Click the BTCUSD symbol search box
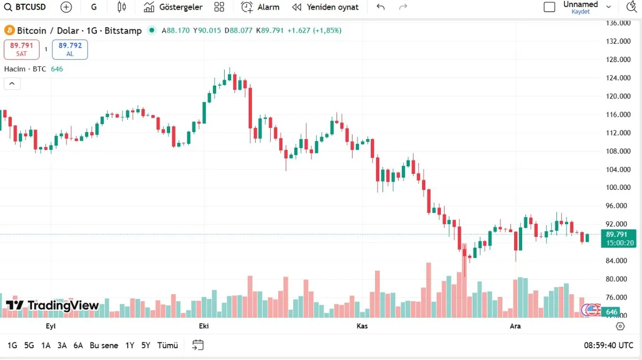tap(26, 7)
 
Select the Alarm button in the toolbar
tap(261, 7)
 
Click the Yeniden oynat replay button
tap(325, 7)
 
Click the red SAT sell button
tap(21, 49)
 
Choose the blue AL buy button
tap(70, 49)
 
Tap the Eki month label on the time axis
tap(204, 326)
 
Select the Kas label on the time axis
tap(362, 326)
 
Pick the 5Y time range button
tap(146, 346)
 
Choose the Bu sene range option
tap(104, 346)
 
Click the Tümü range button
tap(167, 346)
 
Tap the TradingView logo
tap(52, 305)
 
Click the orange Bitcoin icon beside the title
tap(9, 30)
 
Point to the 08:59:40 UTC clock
tap(608, 346)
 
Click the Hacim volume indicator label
tap(25, 69)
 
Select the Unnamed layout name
tap(580, 5)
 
